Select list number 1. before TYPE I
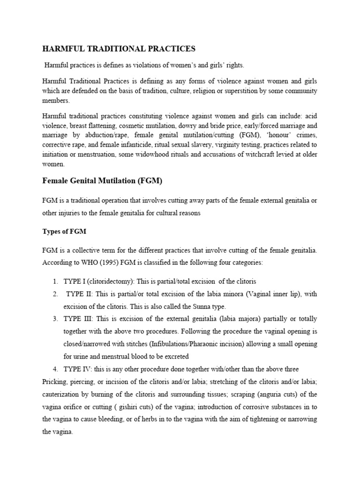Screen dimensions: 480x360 click(x=55, y=281)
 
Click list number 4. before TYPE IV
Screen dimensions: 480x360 click(x=55, y=368)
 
